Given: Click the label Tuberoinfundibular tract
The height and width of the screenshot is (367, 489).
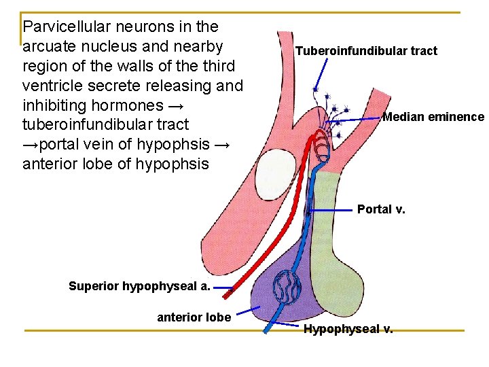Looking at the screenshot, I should coord(366,51).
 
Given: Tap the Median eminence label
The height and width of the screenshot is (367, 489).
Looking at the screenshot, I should coord(433,117).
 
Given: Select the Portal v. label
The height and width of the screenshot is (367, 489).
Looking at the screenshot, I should coord(381,209).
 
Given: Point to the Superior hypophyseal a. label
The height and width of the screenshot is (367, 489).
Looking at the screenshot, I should coord(139,286).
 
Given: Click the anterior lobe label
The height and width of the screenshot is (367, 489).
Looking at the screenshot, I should coord(194,317).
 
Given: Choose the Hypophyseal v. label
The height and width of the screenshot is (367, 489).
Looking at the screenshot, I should coord(348,330).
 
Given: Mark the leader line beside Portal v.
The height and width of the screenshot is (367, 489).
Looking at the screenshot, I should coord(333,211).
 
